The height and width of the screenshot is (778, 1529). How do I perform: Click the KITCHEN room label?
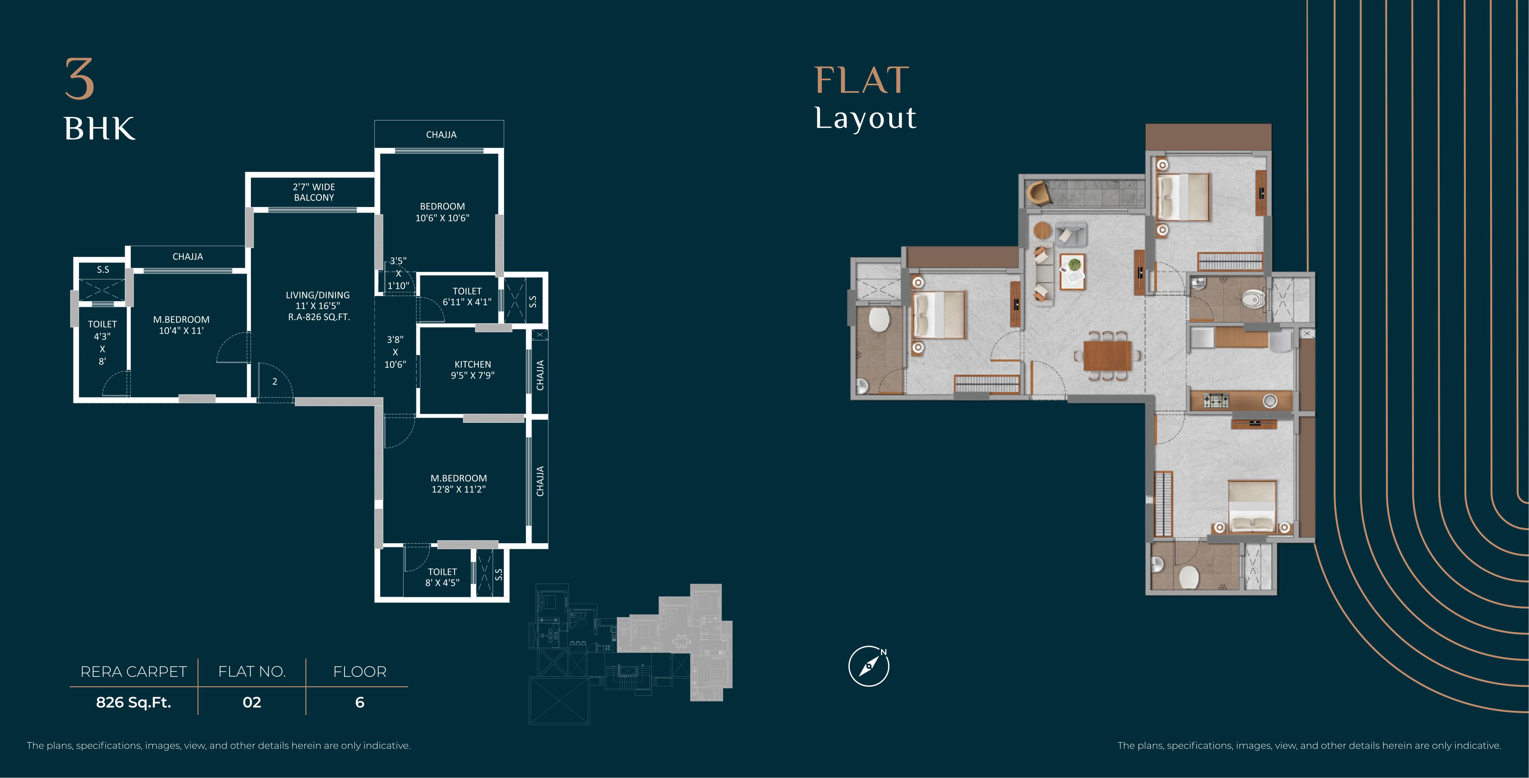[x=472, y=364]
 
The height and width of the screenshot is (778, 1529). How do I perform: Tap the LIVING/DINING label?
[x=318, y=295]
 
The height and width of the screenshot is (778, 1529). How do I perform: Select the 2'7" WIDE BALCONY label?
[x=314, y=192]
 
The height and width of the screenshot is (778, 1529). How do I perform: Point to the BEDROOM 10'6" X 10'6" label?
[x=442, y=212]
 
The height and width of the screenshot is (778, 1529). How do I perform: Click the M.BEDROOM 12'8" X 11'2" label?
[x=459, y=484]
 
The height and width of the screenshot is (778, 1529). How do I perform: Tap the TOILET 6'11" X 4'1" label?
[x=467, y=296]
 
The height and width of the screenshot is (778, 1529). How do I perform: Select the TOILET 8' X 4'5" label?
[x=442, y=577]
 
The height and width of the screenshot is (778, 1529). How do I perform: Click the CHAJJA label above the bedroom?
[x=441, y=135]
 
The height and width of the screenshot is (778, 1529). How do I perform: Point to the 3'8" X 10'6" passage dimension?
[x=395, y=352]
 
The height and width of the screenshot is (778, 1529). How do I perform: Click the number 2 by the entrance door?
[x=275, y=382]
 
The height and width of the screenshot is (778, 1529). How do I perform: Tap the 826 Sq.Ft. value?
[x=134, y=702]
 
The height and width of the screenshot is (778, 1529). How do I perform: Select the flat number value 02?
[x=252, y=702]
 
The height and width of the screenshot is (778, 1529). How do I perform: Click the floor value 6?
[x=360, y=702]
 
